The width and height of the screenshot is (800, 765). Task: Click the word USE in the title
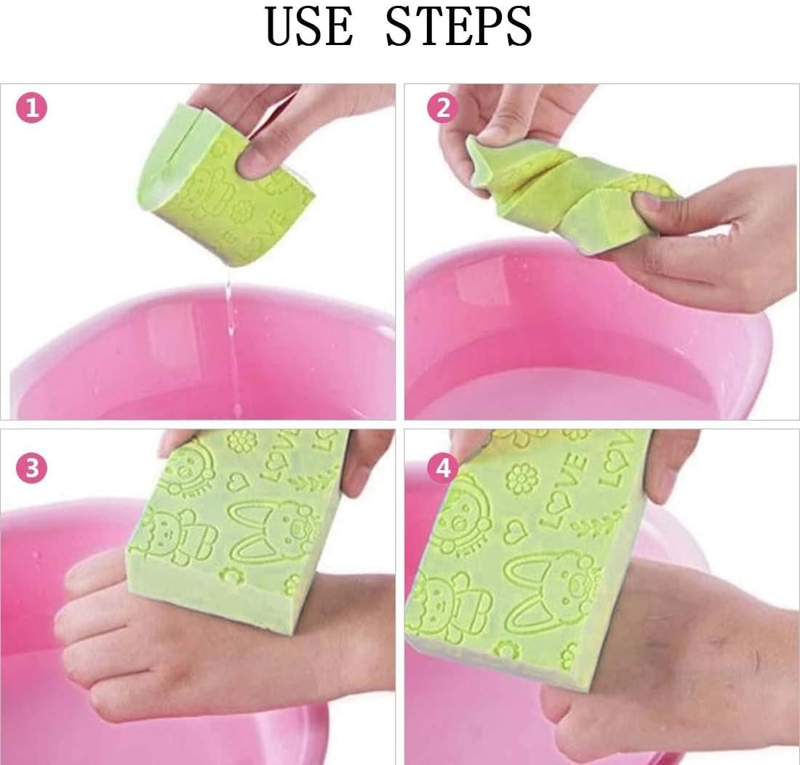[308, 25]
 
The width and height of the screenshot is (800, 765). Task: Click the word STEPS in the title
[459, 25]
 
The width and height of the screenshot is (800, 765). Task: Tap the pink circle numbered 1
[31, 108]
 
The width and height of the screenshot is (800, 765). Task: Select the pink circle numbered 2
[443, 108]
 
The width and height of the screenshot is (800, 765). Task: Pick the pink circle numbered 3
[31, 467]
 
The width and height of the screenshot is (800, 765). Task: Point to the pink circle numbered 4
[443, 466]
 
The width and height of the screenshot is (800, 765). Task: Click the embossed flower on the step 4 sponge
[522, 477]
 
